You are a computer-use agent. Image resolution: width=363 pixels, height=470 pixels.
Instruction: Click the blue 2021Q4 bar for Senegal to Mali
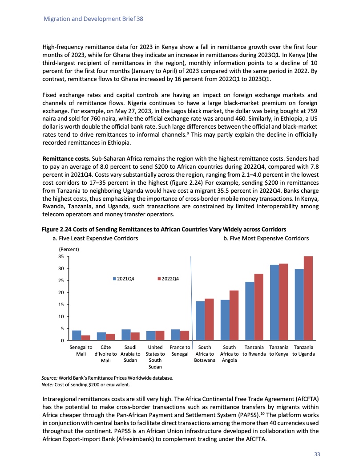coord(77,335)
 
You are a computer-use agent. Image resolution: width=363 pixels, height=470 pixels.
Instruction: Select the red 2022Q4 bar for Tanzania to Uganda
coord(308,298)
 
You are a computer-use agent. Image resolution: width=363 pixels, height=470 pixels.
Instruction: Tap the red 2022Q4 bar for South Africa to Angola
coord(234,315)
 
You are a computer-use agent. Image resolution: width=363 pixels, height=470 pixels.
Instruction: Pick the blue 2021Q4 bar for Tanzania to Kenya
coord(274,302)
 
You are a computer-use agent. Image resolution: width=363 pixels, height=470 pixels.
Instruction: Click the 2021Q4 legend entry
coord(125,279)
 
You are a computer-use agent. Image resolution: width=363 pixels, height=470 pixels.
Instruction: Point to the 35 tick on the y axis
coord(61,256)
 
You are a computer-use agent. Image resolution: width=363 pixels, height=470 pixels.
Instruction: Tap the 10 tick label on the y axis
coord(61,316)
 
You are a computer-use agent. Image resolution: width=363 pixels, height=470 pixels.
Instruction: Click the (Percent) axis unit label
coord(69,249)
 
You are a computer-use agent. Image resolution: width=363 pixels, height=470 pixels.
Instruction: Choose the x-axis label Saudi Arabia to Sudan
coord(130,354)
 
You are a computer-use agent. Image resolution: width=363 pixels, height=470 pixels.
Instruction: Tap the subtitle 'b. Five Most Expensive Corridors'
coord(266,239)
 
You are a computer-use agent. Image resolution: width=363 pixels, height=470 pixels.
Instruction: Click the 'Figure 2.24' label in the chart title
coord(58,230)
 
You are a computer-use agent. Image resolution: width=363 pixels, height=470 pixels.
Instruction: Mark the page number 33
coord(317,454)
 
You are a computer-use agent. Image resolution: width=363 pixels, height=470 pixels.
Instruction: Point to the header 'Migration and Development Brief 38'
coord(93,20)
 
